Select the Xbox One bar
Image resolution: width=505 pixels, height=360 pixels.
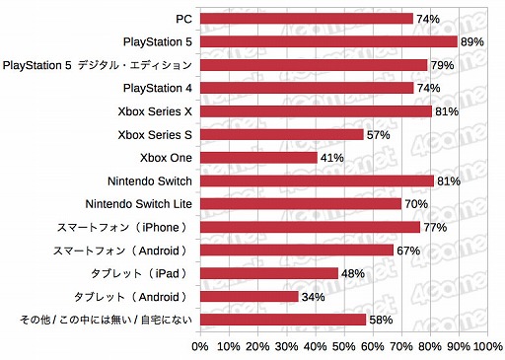click(259, 158)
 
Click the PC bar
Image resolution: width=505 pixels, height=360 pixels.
click(307, 18)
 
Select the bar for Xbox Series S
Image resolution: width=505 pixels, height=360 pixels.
click(282, 134)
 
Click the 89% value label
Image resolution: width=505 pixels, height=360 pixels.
click(471, 41)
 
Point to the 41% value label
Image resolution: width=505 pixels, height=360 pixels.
click(332, 158)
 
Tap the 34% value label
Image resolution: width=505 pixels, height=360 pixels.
click(313, 296)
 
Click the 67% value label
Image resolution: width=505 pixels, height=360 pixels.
click(408, 251)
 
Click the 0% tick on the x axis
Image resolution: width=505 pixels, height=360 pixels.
click(200, 347)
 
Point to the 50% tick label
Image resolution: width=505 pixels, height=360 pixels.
click(344, 347)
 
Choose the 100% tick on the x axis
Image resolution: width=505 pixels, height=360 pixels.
click(486, 347)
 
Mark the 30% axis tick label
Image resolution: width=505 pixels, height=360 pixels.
click(287, 347)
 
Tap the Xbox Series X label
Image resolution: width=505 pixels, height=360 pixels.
click(155, 111)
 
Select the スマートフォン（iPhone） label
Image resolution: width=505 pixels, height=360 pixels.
click(127, 227)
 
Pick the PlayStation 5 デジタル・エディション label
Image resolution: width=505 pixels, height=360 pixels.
click(99, 65)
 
